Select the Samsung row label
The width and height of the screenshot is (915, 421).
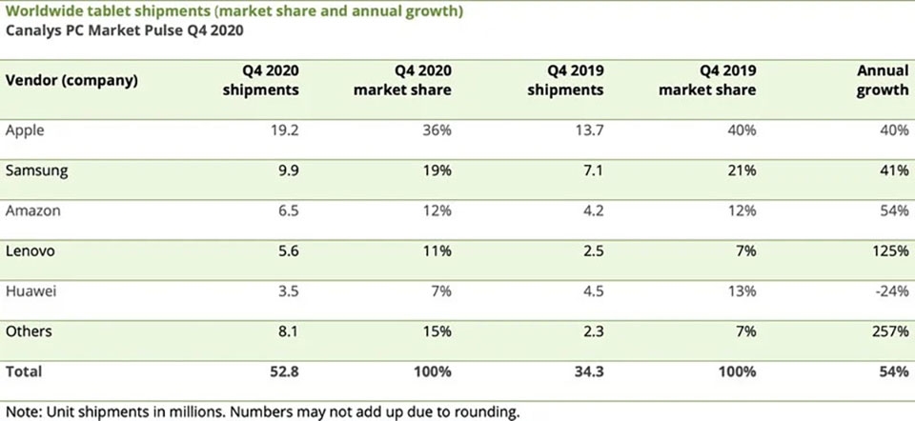[x=37, y=170]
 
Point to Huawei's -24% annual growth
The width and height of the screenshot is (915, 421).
[x=892, y=291]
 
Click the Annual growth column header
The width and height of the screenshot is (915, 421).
[x=883, y=80]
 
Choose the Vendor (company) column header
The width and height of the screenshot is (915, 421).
[x=71, y=80]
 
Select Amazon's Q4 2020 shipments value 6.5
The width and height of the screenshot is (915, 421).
[x=288, y=210]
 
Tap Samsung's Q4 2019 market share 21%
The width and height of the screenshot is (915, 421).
[x=742, y=170]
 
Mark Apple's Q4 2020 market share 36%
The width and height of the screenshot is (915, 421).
[x=437, y=130]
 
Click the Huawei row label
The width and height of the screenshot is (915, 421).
[x=30, y=291]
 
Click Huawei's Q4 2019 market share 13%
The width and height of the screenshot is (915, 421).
[x=742, y=291]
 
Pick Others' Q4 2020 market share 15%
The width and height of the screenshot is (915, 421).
[x=437, y=331]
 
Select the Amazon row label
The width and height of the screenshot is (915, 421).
[x=32, y=210]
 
